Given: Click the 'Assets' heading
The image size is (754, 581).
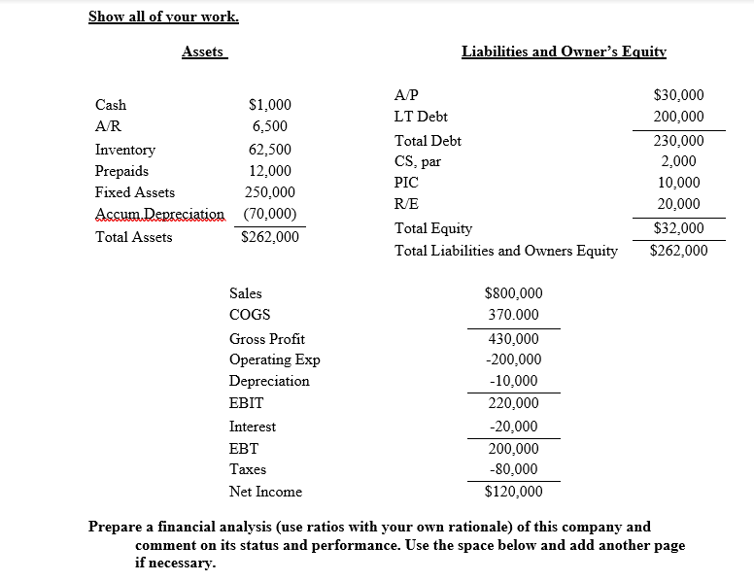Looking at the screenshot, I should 202,51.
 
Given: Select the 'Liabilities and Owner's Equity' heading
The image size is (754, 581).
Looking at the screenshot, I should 564,51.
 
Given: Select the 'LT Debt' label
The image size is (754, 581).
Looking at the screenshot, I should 421,116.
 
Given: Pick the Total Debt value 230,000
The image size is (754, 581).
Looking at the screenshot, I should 678,141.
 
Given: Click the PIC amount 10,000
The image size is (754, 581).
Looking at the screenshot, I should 678,183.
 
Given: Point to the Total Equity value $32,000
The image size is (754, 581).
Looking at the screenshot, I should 678,229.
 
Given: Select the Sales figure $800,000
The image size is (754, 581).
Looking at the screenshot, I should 513,292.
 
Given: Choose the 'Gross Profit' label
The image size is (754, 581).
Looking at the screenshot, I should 266,339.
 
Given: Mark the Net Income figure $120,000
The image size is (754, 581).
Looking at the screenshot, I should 513,492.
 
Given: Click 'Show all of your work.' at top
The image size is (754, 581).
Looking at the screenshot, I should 163,17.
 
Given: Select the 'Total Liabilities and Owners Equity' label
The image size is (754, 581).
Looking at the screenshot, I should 505,251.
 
